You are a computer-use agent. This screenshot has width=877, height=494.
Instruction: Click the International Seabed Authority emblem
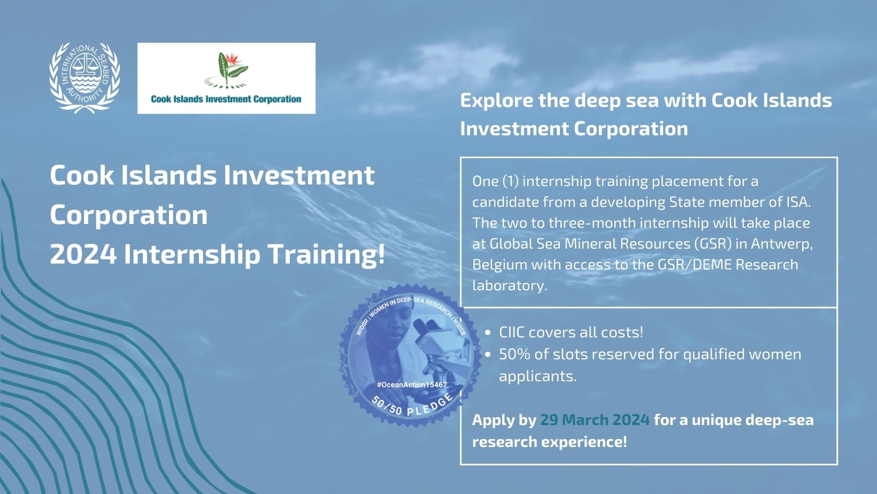pyautogui.click(x=84, y=78)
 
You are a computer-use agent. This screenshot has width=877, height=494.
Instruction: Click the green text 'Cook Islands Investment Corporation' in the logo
pyautogui.click(x=226, y=99)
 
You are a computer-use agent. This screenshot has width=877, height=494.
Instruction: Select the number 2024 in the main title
pyautogui.click(x=83, y=254)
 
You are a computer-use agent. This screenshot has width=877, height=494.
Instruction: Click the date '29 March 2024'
pyautogui.click(x=595, y=420)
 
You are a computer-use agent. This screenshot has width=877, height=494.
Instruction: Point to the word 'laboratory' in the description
pyautogui.click(x=508, y=285)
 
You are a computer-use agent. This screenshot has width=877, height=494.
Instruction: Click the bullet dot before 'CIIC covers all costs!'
pyautogui.click(x=488, y=333)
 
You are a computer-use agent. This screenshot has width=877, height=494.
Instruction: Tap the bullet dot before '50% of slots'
pyautogui.click(x=488, y=355)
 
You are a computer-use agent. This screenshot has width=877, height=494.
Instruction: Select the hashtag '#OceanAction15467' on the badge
pyautogui.click(x=412, y=385)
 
